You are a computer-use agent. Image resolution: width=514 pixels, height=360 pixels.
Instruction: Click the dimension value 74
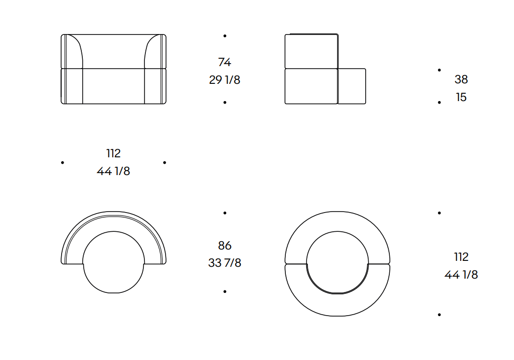coord(225,62)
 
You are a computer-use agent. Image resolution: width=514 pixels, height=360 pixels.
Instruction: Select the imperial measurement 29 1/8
coord(225,80)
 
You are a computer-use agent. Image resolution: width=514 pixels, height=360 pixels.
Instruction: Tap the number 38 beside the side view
coord(461,79)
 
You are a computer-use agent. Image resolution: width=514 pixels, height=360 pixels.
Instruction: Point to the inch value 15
coord(461,97)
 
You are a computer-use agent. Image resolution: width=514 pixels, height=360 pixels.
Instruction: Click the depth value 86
coord(225,246)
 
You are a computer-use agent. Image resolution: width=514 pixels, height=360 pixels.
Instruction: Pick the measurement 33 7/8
coord(225,263)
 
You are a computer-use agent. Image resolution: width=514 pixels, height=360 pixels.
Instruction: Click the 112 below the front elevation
coord(113,153)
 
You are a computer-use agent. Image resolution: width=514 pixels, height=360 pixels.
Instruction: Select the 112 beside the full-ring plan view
coord(461,257)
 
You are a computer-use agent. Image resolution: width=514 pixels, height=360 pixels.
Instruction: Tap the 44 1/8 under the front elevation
coord(113,171)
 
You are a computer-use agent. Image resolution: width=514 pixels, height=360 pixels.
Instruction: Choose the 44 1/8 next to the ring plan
coord(461,275)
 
